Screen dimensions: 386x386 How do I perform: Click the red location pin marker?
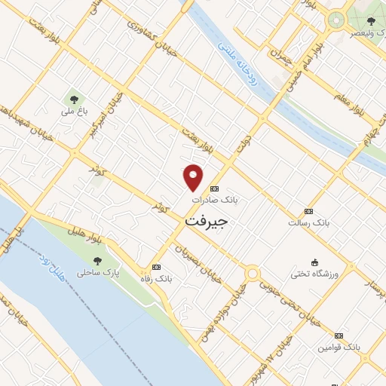pyautogui.click(x=194, y=177)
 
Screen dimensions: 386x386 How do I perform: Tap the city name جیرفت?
pyautogui.click(x=206, y=222)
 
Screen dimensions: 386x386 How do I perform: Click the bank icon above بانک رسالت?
pyautogui.click(x=308, y=211)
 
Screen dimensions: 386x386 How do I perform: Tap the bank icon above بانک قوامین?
pyautogui.click(x=339, y=335)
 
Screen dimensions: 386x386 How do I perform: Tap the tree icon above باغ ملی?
pyautogui.click(x=74, y=97)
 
